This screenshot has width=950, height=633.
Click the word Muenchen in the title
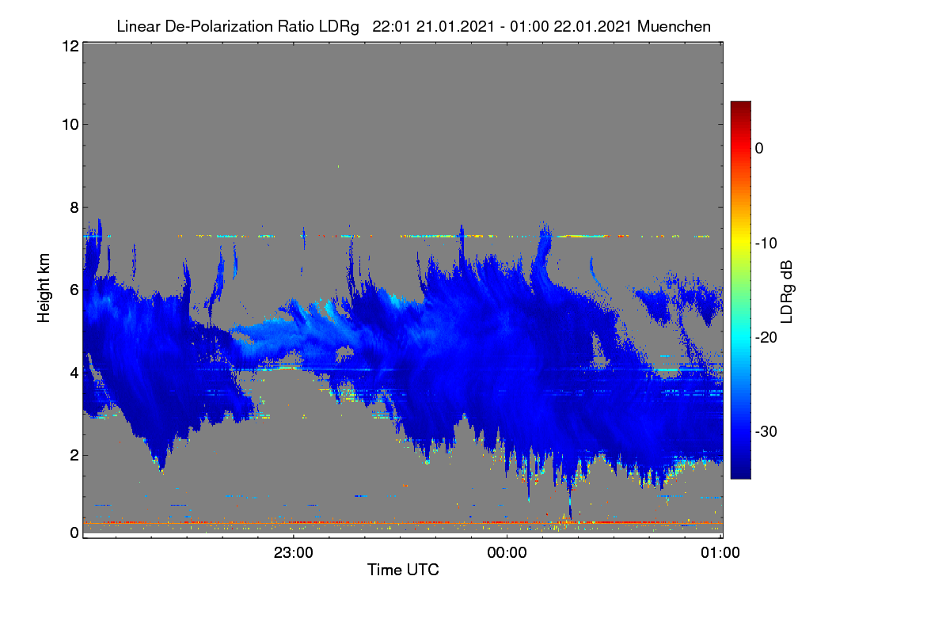click(x=674, y=26)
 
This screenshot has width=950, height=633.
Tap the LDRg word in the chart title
click(x=339, y=27)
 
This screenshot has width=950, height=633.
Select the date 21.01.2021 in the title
click(x=455, y=26)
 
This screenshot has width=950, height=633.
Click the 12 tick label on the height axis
click(x=70, y=46)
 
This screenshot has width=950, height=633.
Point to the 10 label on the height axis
click(x=70, y=125)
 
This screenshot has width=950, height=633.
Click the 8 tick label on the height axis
click(x=74, y=207)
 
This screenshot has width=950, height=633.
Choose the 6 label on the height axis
click(x=74, y=290)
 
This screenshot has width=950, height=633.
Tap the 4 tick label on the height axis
click(x=74, y=373)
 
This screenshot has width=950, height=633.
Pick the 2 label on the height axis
click(x=74, y=455)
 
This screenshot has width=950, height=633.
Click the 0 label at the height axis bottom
click(x=74, y=533)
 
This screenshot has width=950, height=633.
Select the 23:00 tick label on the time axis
click(x=294, y=552)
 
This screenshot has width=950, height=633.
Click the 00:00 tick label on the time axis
click(x=507, y=552)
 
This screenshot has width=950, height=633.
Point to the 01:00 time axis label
click(x=720, y=552)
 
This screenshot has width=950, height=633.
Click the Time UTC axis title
click(x=403, y=570)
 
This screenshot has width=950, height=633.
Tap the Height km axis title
click(x=44, y=288)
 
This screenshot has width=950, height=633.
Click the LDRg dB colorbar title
click(x=786, y=292)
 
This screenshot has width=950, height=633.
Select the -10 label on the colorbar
click(x=766, y=244)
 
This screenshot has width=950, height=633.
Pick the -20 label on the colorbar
click(x=766, y=338)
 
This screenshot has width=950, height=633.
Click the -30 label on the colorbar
click(x=766, y=431)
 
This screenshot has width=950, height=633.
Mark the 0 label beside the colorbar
click(x=759, y=149)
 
